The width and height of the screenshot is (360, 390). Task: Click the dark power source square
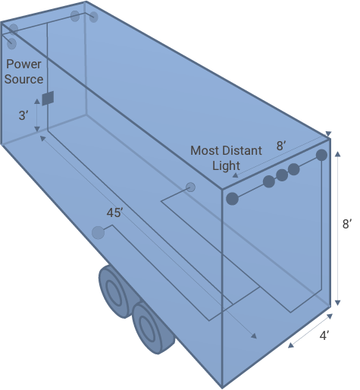pos(48,98)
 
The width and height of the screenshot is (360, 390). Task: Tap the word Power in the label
pos(23,64)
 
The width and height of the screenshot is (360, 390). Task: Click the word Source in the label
pos(23,79)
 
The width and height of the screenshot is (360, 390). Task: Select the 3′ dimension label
pos(23,115)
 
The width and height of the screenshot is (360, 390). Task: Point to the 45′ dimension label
pos(114,212)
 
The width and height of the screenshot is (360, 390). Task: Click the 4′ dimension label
pos(324,335)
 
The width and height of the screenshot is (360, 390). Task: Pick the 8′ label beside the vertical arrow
pos(347,224)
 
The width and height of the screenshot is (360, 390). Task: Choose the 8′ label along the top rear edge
pos(281,146)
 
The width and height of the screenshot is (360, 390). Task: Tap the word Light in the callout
pos(226,166)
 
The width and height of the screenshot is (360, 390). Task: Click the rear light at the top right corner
pos(321,155)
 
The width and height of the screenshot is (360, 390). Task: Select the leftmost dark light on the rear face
pos(232,199)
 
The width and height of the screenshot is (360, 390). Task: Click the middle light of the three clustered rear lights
pos(282,175)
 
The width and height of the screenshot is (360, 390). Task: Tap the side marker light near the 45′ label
pos(98,233)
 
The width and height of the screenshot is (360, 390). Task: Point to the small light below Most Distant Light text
pos(190,187)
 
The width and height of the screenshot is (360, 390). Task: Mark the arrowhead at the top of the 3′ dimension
pos(37,102)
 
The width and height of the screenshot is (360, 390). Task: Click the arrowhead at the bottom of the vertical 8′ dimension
pos(338,303)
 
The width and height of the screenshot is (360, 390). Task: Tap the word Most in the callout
pos(204,151)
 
